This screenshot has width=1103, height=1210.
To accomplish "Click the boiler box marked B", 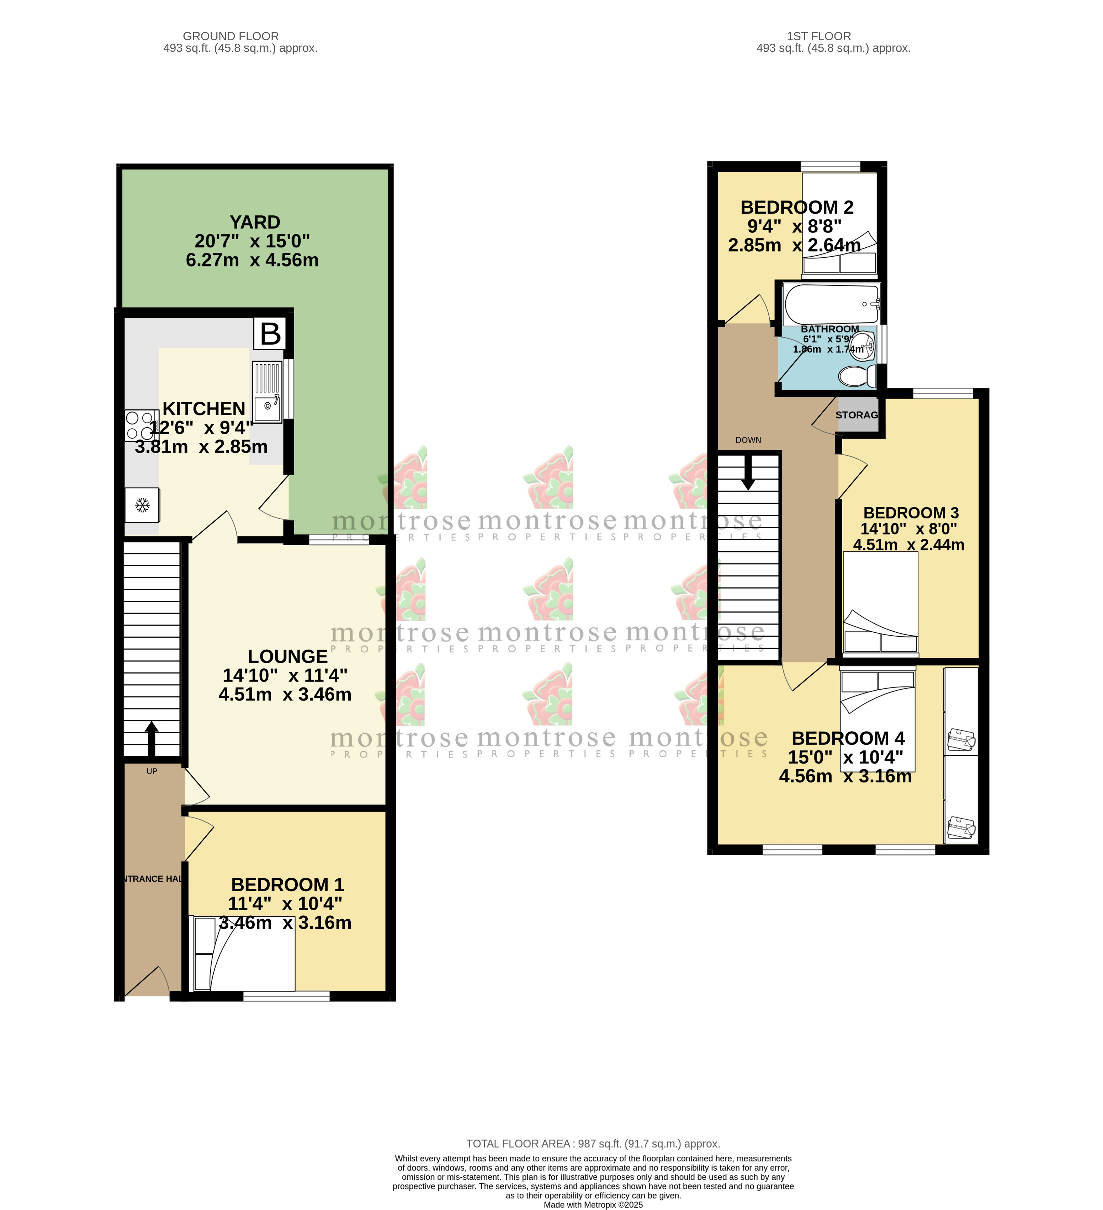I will click(x=270, y=334).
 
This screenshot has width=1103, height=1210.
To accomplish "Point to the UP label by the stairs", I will click(x=152, y=771).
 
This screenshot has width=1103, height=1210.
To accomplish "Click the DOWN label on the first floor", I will click(x=748, y=440).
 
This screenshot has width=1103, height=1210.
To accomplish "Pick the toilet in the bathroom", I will click(x=856, y=377).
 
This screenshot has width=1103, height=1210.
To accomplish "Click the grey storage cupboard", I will click(x=858, y=415).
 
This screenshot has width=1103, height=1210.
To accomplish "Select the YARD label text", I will click(x=255, y=222).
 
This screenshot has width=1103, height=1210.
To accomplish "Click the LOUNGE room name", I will click(x=288, y=656).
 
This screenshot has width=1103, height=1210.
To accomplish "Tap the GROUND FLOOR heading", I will click(x=230, y=36).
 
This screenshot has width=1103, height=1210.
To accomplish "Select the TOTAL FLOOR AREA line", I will click(x=593, y=1144).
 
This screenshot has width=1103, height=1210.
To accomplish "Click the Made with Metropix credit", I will click(x=593, y=1205).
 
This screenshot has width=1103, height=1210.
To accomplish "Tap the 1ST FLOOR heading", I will click(x=818, y=36).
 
